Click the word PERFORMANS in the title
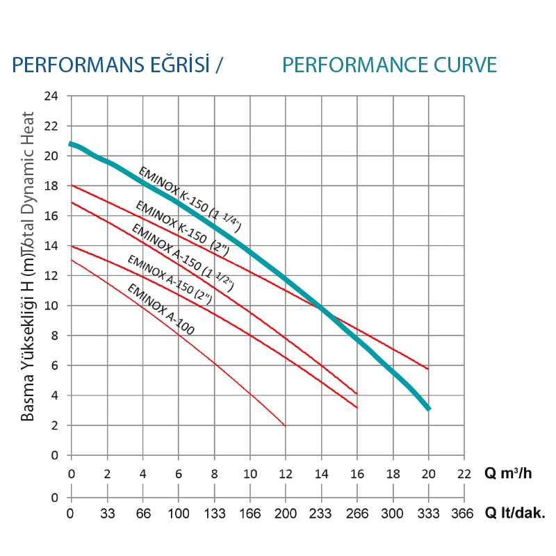tap(69, 65)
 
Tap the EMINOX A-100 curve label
tap(161, 309)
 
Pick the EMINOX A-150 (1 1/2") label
tap(182, 256)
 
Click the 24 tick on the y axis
tap(51, 96)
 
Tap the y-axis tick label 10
tap(51, 306)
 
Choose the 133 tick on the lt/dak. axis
tap(215, 514)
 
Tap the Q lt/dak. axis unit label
tap(514, 514)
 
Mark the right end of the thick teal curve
tap(429, 409)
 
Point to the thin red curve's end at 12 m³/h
tap(285, 425)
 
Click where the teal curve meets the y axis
tap(72, 144)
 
